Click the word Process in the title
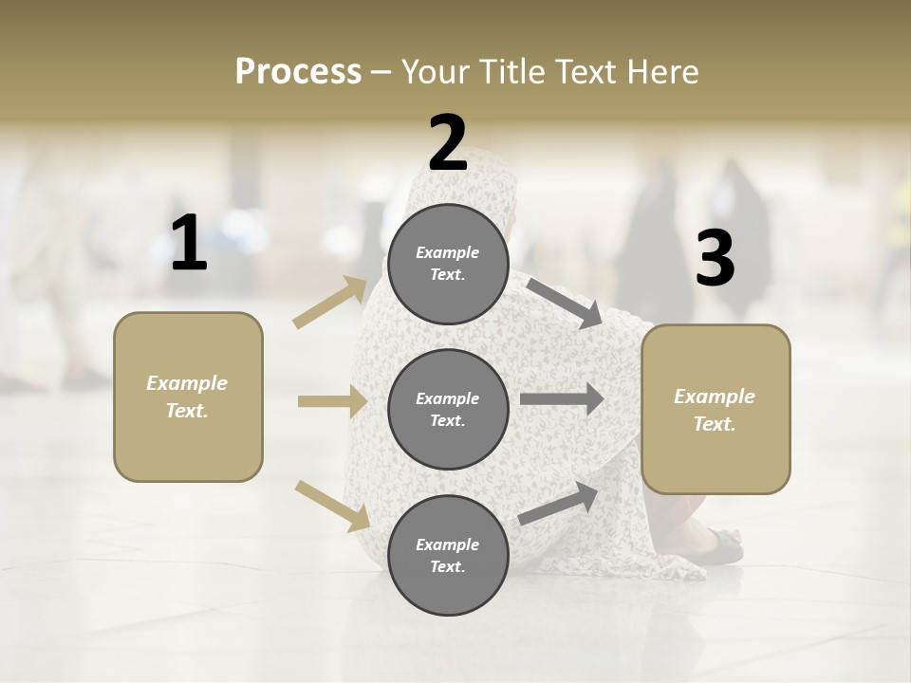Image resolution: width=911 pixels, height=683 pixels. (x=298, y=72)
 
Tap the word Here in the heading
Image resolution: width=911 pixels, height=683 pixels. (x=661, y=72)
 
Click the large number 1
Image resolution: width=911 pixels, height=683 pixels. (x=189, y=244)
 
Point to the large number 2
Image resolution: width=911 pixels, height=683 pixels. (x=448, y=142)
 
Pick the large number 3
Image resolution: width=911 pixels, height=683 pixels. (x=715, y=259)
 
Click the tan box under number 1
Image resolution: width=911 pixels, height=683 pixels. (x=188, y=397)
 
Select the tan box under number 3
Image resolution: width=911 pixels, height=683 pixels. (x=716, y=409)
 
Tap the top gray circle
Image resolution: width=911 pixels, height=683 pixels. (x=448, y=264)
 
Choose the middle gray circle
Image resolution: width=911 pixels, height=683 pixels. (x=448, y=409)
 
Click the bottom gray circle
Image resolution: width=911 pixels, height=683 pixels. (x=448, y=555)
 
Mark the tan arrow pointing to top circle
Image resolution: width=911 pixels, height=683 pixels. (x=330, y=302)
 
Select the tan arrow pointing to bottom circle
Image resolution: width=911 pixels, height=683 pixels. (x=332, y=505)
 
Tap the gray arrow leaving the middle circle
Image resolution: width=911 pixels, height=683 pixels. (x=562, y=398)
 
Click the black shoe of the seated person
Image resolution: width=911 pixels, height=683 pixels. (x=726, y=546)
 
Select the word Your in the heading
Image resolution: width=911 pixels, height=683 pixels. (x=432, y=72)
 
